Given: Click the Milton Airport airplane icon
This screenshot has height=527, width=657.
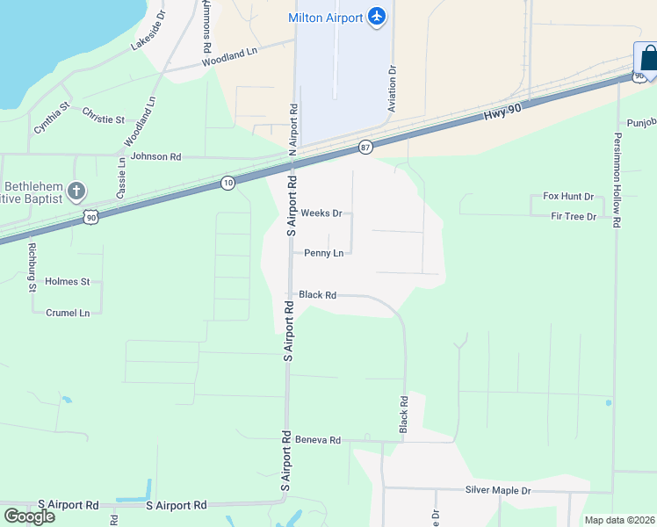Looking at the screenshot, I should [x=377, y=18].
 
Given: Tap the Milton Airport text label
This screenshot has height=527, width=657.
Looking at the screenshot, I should [x=325, y=18].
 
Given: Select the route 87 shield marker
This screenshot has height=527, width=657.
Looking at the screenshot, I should [x=365, y=147].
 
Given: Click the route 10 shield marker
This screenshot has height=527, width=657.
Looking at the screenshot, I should [x=228, y=183].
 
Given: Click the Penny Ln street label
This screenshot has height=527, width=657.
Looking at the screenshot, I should [x=323, y=253].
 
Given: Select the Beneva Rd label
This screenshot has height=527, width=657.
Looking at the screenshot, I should [x=317, y=439].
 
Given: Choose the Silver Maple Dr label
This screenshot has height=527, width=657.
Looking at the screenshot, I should [x=498, y=490].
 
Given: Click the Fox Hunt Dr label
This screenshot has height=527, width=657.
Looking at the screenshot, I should [x=568, y=197].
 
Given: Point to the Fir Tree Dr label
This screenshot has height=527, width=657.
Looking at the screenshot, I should [x=574, y=216].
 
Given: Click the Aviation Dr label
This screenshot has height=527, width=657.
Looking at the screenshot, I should [x=393, y=87].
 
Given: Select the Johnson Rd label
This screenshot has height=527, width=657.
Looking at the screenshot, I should [x=155, y=156].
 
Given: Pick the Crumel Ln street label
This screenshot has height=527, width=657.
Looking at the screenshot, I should [x=68, y=313].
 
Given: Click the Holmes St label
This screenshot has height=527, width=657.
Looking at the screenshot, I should [x=68, y=282].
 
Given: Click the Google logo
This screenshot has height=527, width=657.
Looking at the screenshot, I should [x=29, y=516].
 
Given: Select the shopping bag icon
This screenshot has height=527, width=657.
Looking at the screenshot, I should [x=648, y=60].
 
